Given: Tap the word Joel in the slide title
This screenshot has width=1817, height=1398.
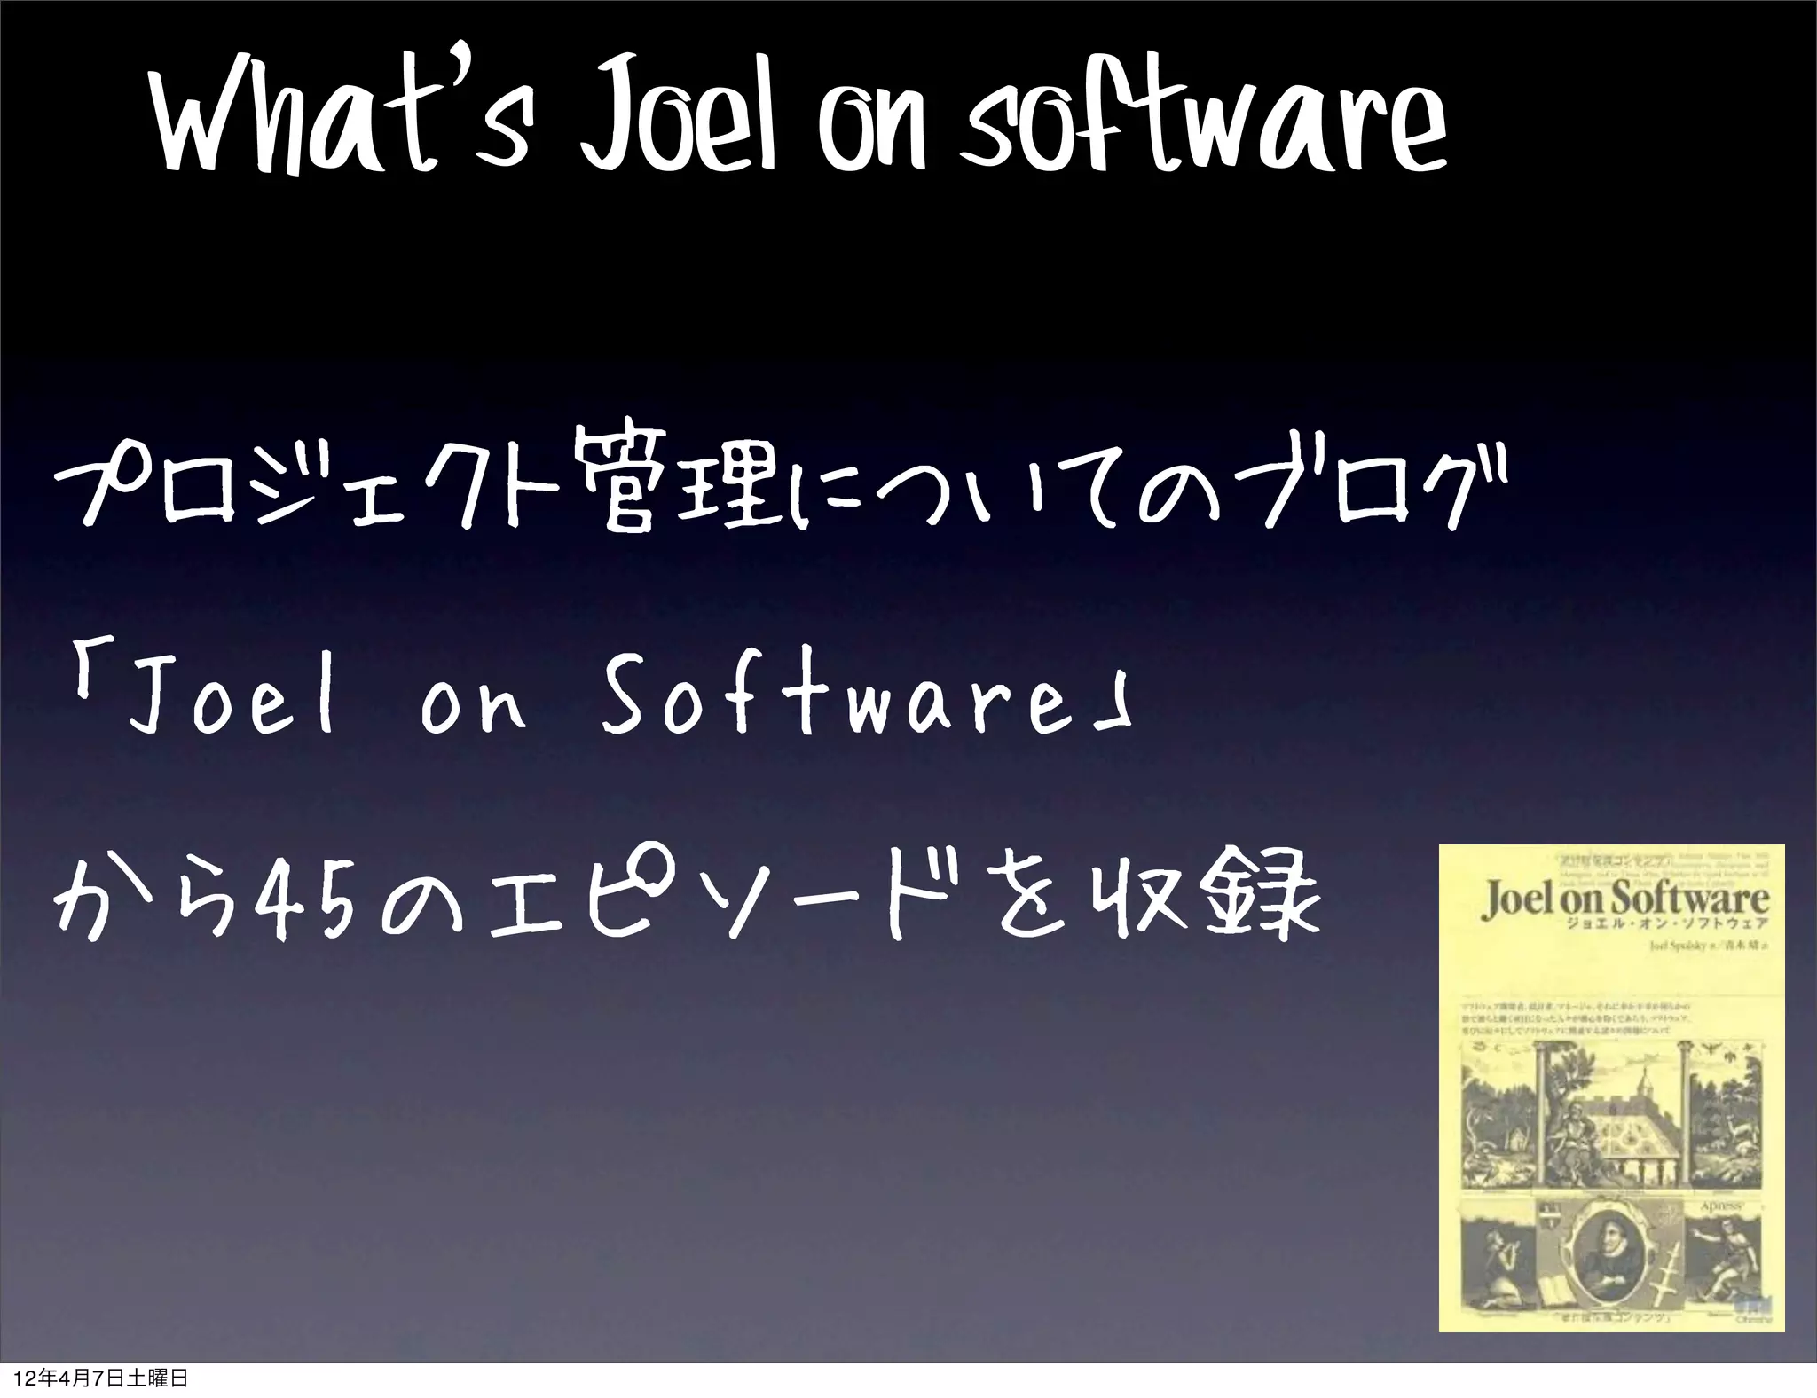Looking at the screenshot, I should [x=678, y=130].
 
